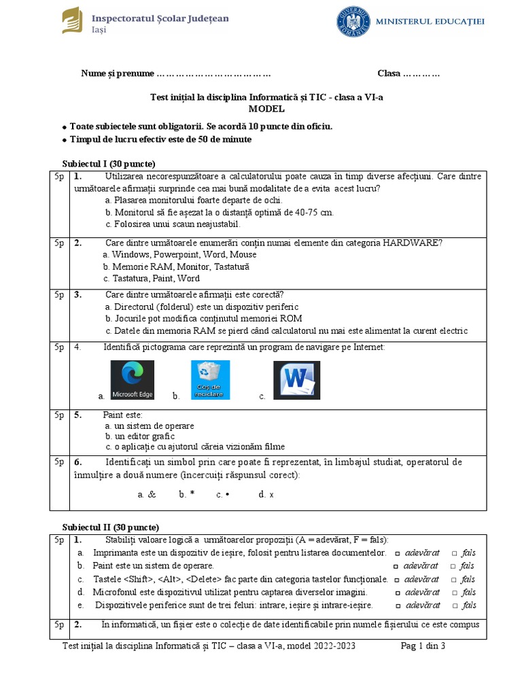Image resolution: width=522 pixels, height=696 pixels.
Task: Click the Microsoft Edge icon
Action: [x=132, y=380]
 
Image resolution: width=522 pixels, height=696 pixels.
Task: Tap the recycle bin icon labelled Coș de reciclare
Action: [x=210, y=380]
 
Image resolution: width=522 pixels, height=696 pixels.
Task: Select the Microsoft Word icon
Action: [x=296, y=380]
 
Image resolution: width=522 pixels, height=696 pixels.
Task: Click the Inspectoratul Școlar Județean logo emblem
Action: [x=71, y=20]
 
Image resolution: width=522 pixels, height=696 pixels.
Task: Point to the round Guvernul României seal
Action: [x=353, y=21]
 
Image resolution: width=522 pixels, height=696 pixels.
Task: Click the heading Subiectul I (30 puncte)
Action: [x=109, y=164]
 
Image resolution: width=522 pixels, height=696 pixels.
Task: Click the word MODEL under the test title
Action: [x=266, y=109]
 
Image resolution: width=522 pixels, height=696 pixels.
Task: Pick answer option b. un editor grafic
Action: [x=140, y=436]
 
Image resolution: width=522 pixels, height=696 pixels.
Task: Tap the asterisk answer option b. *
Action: [x=187, y=495]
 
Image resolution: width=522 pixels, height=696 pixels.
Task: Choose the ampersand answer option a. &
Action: [x=147, y=495]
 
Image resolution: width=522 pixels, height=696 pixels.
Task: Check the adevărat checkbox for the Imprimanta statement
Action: [x=398, y=553]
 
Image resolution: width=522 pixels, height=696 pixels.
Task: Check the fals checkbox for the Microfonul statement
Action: [x=453, y=593]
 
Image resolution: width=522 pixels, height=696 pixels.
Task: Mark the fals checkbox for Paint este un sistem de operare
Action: [x=453, y=566]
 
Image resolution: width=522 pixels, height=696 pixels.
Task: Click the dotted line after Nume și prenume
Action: [x=213, y=73]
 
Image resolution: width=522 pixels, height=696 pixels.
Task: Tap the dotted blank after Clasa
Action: [x=421, y=73]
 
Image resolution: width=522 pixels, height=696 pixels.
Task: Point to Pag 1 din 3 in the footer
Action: [x=423, y=646]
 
